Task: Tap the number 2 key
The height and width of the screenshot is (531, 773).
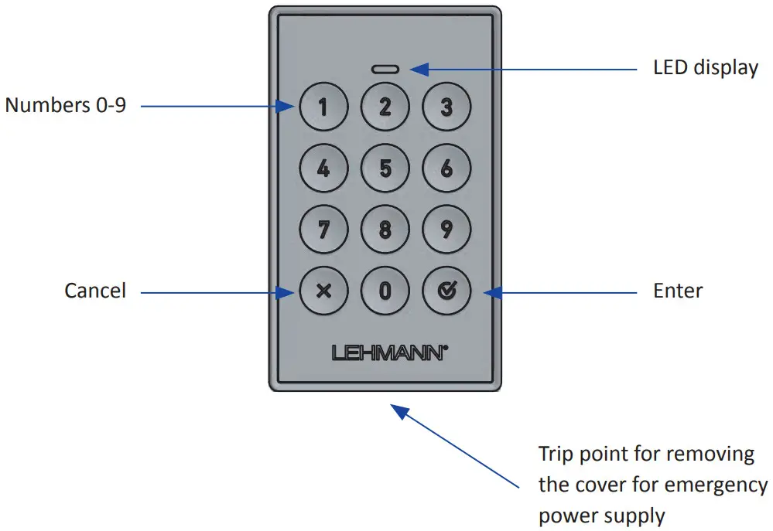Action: [385, 107]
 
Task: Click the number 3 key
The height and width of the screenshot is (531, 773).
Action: [446, 107]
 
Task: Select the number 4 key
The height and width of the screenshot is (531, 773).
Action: [323, 168]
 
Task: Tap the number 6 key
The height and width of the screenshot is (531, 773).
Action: [446, 168]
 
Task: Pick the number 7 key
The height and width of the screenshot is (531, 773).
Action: [323, 230]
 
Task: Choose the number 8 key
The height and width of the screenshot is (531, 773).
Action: [385, 230]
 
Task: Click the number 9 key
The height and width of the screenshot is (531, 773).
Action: [446, 230]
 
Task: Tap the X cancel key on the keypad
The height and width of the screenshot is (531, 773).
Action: [323, 291]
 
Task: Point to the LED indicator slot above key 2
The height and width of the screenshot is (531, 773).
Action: [385, 69]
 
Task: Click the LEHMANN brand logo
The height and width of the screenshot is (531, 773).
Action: [389, 352]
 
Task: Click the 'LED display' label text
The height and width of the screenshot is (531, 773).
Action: [706, 67]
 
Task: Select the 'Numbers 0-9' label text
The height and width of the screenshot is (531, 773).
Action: [65, 106]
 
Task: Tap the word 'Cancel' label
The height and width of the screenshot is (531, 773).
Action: [94, 291]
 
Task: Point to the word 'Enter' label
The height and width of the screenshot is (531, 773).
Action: [678, 291]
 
